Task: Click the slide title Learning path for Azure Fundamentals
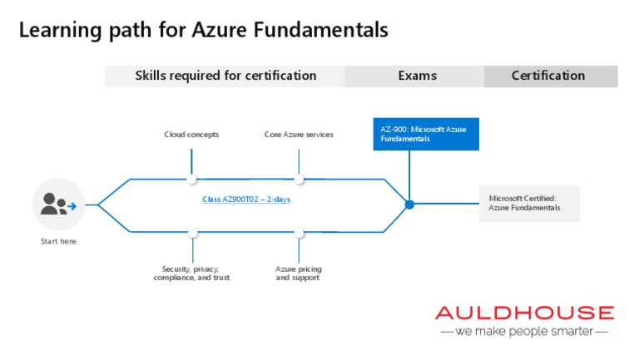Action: [x=203, y=31]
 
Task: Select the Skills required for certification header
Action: [x=225, y=76]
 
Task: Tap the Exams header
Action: [x=417, y=76]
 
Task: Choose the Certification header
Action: [x=547, y=76]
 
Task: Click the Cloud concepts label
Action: [x=191, y=134]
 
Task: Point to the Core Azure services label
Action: [x=299, y=134]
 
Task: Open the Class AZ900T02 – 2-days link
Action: [x=246, y=200]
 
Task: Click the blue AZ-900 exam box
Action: [x=426, y=134]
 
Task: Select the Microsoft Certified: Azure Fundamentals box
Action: [x=529, y=203]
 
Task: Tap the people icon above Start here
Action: [x=58, y=204]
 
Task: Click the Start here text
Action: [x=58, y=242]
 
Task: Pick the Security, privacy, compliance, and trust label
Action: [x=191, y=273]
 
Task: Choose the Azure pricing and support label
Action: [x=299, y=273]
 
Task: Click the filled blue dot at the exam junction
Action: [x=409, y=204]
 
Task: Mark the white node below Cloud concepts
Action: [x=192, y=179]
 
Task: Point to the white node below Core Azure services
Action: [x=300, y=179]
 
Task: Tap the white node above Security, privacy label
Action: [x=192, y=232]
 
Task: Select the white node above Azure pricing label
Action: [x=300, y=232]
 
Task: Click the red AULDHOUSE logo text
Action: [x=524, y=313]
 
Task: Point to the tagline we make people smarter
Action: [x=524, y=331]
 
